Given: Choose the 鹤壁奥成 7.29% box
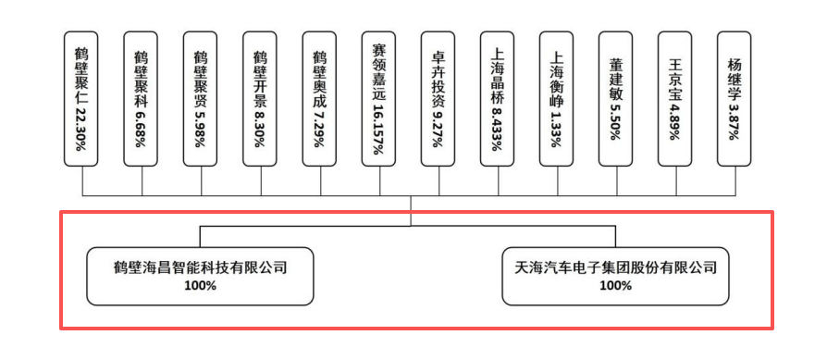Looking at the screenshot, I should pyautogui.click(x=320, y=100).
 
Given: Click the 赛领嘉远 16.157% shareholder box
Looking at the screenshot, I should pyautogui.click(x=379, y=100).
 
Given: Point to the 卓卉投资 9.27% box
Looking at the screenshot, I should pyautogui.click(x=438, y=100).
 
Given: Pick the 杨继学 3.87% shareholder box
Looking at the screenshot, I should pyautogui.click(x=735, y=100).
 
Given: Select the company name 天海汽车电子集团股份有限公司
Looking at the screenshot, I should pyautogui.click(x=615, y=268).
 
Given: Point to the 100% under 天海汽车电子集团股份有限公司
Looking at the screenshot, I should pyautogui.click(x=615, y=286).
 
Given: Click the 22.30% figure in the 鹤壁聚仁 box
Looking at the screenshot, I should pyautogui.click(x=82, y=126).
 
